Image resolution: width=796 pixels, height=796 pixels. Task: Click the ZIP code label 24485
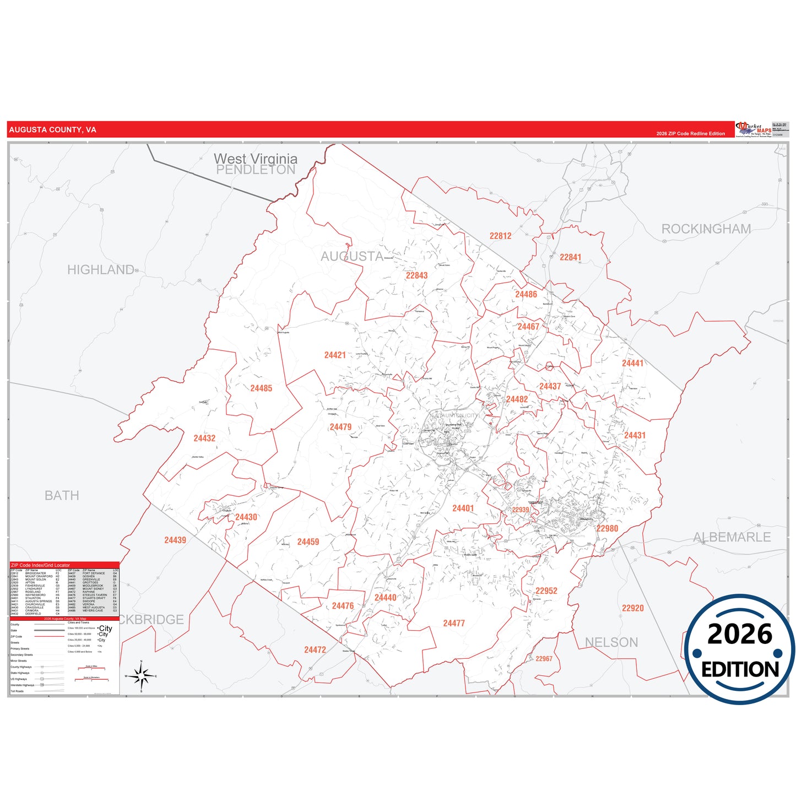[x=261, y=388]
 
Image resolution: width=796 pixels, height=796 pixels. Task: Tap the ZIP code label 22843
[x=416, y=275]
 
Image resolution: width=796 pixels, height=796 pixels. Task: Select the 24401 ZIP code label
[x=463, y=508]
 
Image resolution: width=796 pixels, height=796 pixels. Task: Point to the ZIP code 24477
[x=454, y=623]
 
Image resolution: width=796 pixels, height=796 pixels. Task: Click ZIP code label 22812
[x=500, y=236]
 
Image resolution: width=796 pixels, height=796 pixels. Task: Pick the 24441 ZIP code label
[x=632, y=363]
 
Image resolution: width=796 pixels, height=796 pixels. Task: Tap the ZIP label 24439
[x=175, y=540]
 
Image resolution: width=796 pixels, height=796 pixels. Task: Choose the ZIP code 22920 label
[x=632, y=608]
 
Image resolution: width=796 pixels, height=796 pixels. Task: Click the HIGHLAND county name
[x=101, y=270]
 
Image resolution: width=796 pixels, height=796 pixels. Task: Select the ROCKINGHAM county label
[x=706, y=229]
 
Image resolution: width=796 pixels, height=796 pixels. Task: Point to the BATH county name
[x=62, y=496]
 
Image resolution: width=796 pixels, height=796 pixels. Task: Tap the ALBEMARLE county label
[x=732, y=537]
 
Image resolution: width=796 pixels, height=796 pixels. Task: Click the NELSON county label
[x=611, y=642]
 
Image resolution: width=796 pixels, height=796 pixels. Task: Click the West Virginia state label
[x=256, y=159]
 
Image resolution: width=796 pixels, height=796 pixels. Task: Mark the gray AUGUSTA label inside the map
[x=352, y=256]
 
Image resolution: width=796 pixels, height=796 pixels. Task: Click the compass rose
[x=141, y=676]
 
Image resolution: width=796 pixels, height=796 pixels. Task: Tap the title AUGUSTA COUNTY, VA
[x=53, y=130]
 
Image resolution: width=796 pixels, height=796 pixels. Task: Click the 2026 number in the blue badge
[x=739, y=634]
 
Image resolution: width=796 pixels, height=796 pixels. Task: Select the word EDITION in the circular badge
[x=740, y=669]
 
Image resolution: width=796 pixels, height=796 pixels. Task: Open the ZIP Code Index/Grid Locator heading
[x=41, y=565]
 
